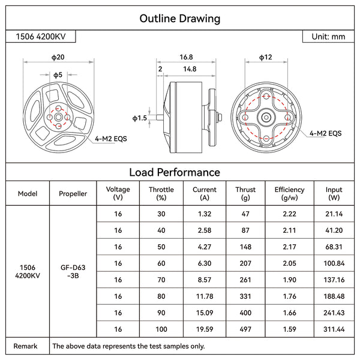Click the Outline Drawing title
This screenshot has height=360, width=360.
(x=179, y=18)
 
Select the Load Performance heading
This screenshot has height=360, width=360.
(x=179, y=172)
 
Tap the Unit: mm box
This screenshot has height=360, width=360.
(x=328, y=37)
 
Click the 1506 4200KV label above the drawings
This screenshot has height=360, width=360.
(x=43, y=37)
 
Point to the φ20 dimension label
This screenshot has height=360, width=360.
(x=58, y=57)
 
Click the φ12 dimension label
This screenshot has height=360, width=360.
(x=265, y=57)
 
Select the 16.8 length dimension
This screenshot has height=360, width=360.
(x=186, y=57)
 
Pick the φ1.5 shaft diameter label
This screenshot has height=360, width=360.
(x=139, y=119)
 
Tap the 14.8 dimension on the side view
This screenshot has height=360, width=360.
(x=190, y=70)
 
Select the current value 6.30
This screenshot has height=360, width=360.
(x=205, y=263)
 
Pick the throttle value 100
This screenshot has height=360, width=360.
(x=161, y=329)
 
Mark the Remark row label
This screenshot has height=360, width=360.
(x=26, y=346)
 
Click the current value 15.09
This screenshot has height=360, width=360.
(x=205, y=313)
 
